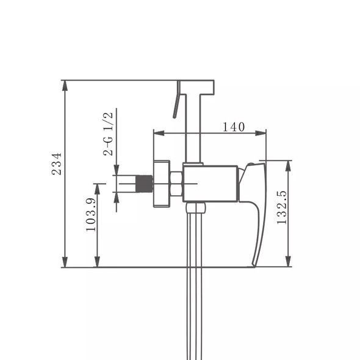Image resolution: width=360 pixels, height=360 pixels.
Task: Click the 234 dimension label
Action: coord(57,164)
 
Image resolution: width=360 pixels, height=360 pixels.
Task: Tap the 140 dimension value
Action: coord(234,127)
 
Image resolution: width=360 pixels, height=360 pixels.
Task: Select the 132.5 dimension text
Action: coord(282,207)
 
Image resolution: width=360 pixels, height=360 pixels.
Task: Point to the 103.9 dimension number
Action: coord(91,214)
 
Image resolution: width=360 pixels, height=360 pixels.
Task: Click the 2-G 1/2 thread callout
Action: coord(108,134)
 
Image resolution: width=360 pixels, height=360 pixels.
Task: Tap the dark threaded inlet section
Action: coord(144,184)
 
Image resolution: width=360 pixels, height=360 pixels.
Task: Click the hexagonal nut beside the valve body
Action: coord(176,184)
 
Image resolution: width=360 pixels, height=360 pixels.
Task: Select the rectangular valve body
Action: coord(211,184)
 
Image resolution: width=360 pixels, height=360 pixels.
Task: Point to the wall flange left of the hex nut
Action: coord(162,184)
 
